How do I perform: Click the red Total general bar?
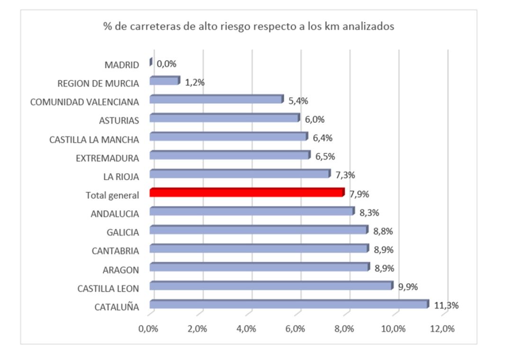coord(246,192)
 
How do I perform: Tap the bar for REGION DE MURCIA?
coord(164,81)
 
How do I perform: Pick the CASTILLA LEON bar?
coord(271,286)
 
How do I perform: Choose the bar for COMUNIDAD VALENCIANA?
coord(216,99)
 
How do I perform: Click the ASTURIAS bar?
coord(224,118)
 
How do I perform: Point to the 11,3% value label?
coord(446,306)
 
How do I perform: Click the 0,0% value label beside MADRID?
coord(166,64)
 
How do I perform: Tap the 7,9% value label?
coord(359,194)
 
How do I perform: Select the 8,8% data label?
coord(383,231)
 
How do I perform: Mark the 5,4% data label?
coord(298,101)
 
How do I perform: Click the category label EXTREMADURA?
coord(107,158)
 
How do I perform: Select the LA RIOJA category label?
coord(121,177)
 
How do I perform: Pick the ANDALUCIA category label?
coord(115,214)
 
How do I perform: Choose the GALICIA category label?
coord(123,232)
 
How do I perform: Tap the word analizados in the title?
coord(371,27)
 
